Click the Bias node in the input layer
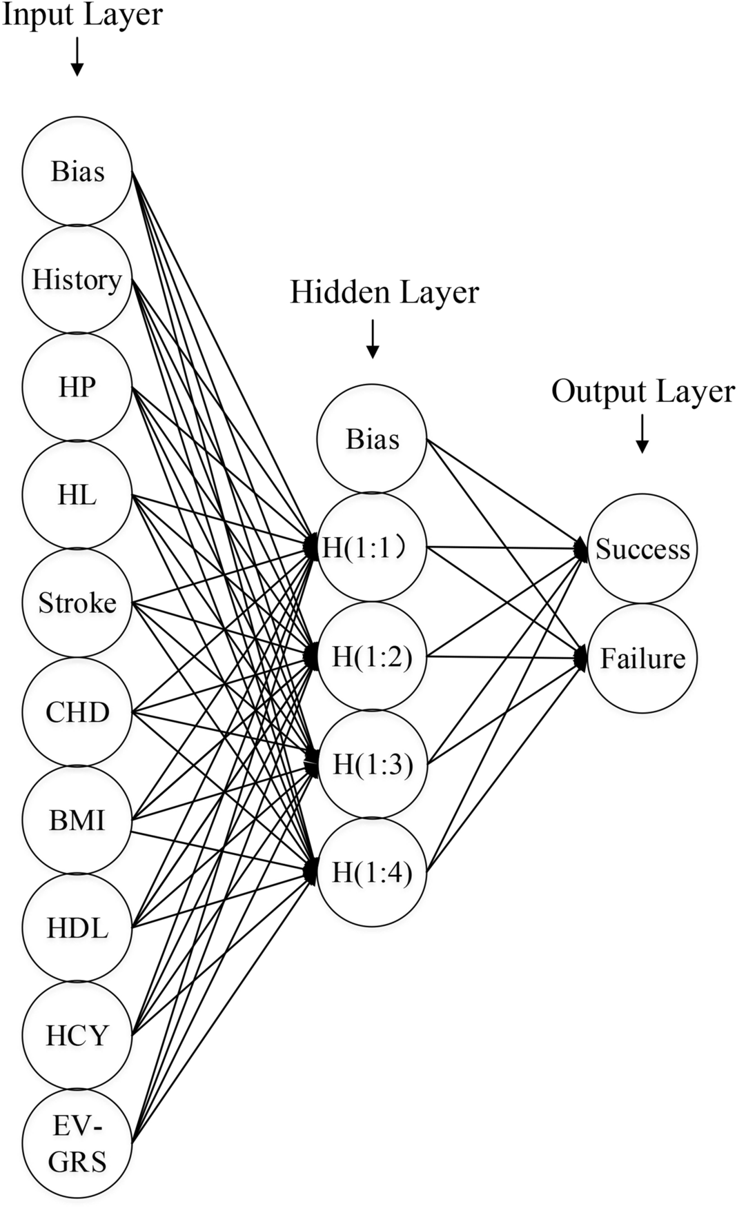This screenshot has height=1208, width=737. pyautogui.click(x=77, y=171)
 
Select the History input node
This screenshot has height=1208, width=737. pyautogui.click(x=77, y=279)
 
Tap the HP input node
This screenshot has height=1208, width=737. pyautogui.click(x=77, y=387)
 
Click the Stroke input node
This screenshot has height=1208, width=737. pyautogui.click(x=77, y=603)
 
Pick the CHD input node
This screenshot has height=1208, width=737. pyautogui.click(x=77, y=712)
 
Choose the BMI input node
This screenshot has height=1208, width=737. pyautogui.click(x=77, y=821)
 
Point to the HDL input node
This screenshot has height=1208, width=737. pyautogui.click(x=77, y=928)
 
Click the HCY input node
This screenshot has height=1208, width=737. pyautogui.click(x=77, y=1036)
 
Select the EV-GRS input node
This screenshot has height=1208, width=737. pyautogui.click(x=77, y=1145)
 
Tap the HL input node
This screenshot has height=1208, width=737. pyautogui.click(x=77, y=495)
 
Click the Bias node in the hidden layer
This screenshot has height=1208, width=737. pyautogui.click(x=372, y=439)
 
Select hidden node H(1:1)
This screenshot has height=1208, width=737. pyautogui.click(x=372, y=547)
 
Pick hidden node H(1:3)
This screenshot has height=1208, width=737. pyautogui.click(x=372, y=764)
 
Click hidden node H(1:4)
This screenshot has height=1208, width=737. pyautogui.click(x=372, y=872)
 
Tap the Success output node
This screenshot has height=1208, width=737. pyautogui.click(x=642, y=549)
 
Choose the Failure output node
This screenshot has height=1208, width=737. pyautogui.click(x=642, y=658)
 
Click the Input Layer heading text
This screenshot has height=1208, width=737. pyautogui.click(x=83, y=15)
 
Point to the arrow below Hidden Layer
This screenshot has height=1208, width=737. pyautogui.click(x=373, y=339)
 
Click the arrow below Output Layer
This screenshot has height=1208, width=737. pyautogui.click(x=642, y=434)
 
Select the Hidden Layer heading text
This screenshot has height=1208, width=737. pyautogui.click(x=384, y=292)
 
